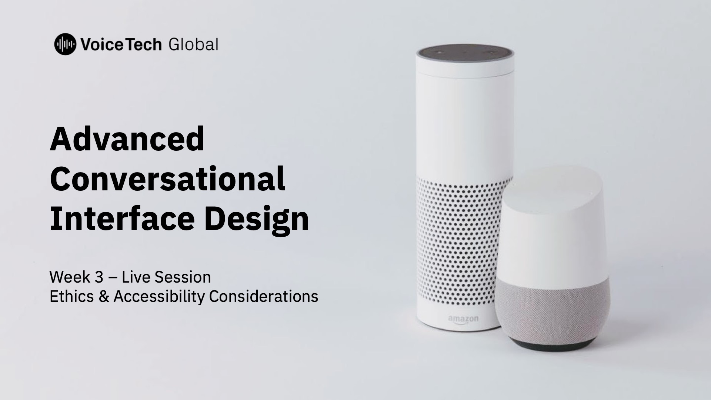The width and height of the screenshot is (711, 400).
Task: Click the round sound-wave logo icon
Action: (65, 44)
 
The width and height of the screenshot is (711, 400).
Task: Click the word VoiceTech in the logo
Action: (121, 45)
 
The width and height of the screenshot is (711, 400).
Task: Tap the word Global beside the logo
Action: (193, 44)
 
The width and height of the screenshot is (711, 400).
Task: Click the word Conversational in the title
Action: (167, 179)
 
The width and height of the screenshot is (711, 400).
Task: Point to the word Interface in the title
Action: (122, 219)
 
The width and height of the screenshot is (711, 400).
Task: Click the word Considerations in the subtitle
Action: (264, 296)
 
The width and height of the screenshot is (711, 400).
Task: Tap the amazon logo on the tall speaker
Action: (463, 320)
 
